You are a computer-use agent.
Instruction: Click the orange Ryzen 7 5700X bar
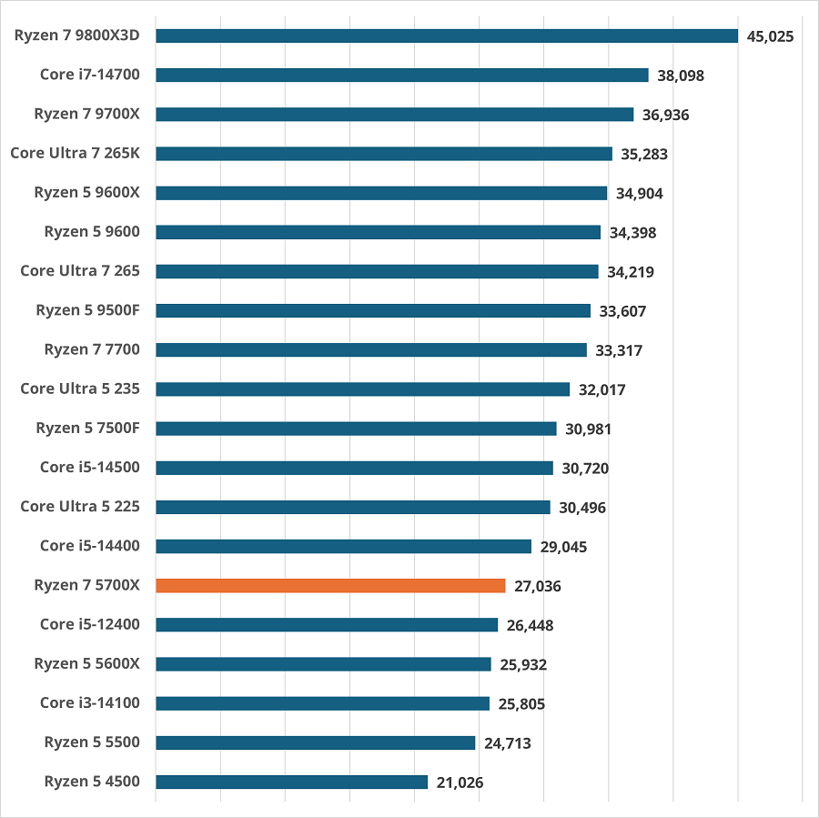pos(330,585)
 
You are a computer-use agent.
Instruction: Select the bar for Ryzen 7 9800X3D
pos(446,35)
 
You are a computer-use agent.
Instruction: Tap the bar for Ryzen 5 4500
pos(291,782)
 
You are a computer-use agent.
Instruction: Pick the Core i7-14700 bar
pos(401,75)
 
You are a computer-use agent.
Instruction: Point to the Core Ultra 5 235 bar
pos(362,389)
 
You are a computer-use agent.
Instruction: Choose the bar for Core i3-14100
pos(322,703)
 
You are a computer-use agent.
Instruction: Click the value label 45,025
pos(770,36)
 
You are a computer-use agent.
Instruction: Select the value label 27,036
pos(537,586)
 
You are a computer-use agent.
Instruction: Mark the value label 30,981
pos(588,429)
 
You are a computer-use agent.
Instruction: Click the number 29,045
pos(563,547)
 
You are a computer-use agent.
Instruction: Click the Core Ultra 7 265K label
pos(75,153)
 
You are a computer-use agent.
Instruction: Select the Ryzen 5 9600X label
pos(86,192)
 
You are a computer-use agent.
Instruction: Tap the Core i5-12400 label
pos(89,624)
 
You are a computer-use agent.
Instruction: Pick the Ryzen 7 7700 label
pos(92,349)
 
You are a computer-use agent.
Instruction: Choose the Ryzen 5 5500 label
pos(92,742)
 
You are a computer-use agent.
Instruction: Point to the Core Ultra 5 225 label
pos(80,507)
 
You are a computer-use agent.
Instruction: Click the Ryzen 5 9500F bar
pos(373,310)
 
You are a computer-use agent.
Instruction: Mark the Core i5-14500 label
pos(89,468)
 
